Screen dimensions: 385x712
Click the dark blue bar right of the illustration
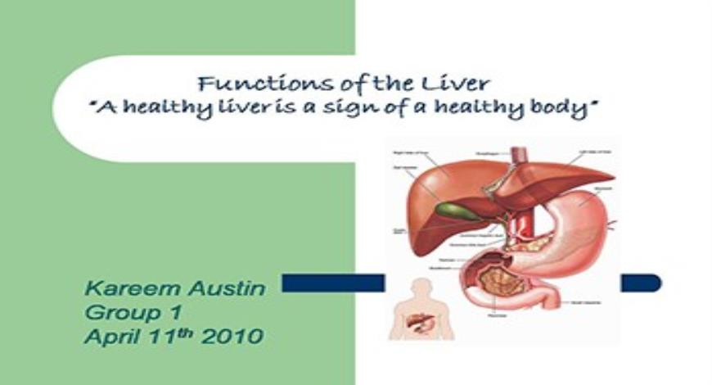[640, 283]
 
